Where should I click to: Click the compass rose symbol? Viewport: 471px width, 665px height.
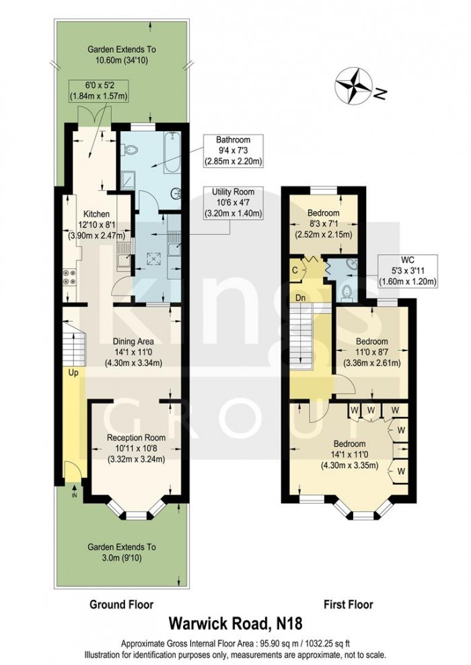pos(355,85)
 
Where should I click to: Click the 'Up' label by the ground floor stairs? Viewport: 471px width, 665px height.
pos(72,370)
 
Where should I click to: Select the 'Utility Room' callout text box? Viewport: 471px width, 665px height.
pos(233,204)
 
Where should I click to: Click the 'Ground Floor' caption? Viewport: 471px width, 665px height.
pos(122,604)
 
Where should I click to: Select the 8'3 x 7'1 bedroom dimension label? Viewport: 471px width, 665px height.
pos(326,229)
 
